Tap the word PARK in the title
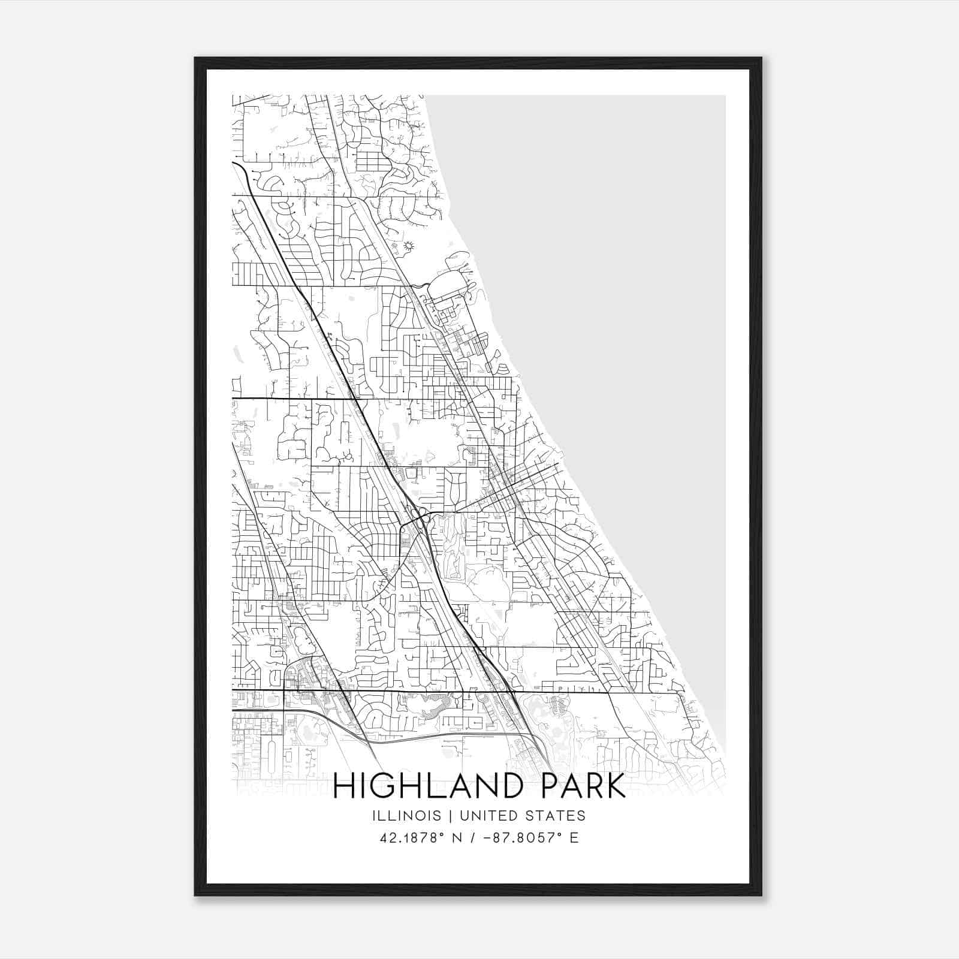(583, 786)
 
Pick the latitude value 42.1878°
(413, 838)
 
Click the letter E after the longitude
(574, 838)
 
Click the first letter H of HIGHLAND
(344, 786)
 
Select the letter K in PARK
(616, 786)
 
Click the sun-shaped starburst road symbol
(410, 246)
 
